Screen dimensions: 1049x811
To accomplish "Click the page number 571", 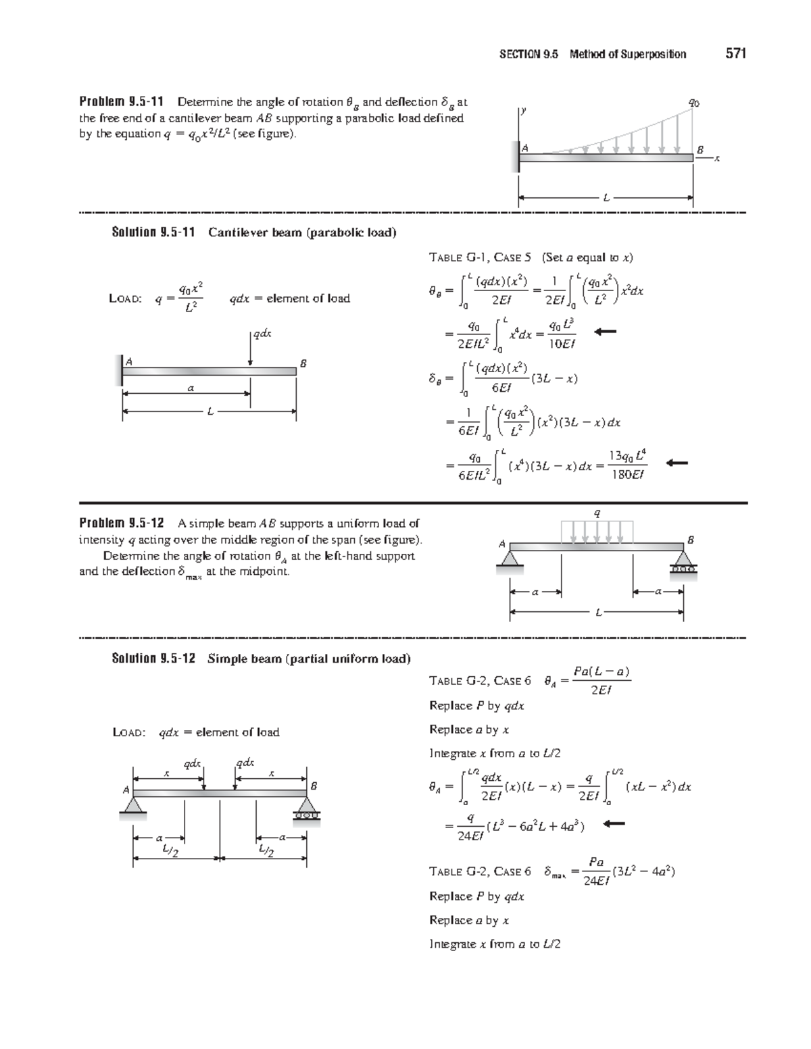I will (x=735, y=54).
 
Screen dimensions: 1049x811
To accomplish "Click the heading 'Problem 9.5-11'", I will (x=121, y=103).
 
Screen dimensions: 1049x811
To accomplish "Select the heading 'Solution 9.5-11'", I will (x=153, y=233).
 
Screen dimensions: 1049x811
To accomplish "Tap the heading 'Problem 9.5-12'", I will (x=121, y=523).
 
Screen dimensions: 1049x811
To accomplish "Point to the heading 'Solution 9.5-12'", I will (x=153, y=659).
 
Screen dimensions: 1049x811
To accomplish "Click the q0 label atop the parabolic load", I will (x=693, y=103).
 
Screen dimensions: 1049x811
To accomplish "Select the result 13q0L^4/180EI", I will (x=627, y=465).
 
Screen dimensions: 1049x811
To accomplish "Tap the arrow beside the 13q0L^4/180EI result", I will (x=677, y=463).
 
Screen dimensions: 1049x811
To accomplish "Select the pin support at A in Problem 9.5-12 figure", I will (x=510, y=559).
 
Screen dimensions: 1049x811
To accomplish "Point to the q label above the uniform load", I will (x=596, y=513).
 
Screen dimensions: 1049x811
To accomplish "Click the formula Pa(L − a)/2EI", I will (x=601, y=680).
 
